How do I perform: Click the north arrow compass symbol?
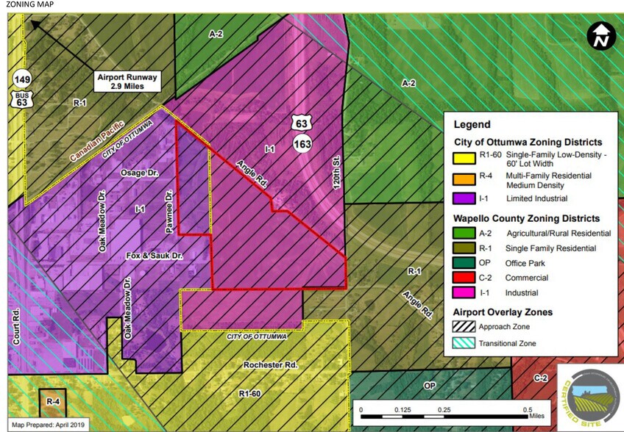601,36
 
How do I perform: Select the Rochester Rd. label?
270,364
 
